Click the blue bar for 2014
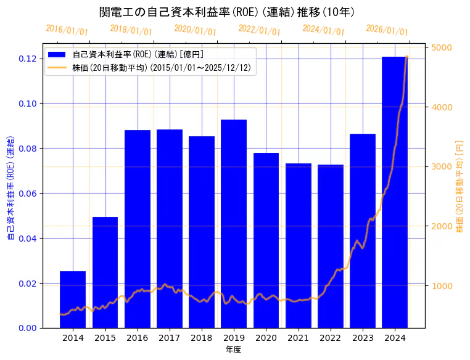[73, 300]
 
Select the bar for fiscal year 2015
[105, 272]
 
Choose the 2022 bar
[331, 246]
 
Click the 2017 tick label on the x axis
[169, 338]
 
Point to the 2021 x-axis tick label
[298, 338]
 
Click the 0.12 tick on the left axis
[27, 59]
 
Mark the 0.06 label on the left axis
[27, 194]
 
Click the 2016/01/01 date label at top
[67, 30]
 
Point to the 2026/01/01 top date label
[387, 30]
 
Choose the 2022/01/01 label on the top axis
[259, 30]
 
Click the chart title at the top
[226, 12]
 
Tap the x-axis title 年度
[233, 350]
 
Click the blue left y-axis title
[10, 189]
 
